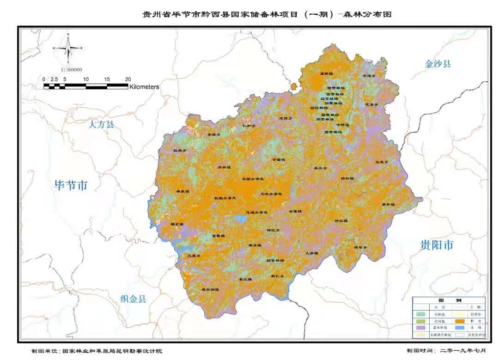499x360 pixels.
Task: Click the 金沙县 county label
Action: point(437,64)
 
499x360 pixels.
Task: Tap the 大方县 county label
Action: point(102,124)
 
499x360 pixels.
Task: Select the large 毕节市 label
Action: point(71,185)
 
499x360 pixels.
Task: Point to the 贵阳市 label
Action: point(437,245)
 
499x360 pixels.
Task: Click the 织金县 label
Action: point(133,299)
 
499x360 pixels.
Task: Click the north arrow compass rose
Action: point(68,48)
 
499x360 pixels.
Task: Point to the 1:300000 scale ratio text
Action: point(71,70)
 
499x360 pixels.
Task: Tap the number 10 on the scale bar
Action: point(86,79)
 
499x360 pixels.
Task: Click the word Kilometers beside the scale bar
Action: point(144,86)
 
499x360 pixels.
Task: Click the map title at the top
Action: point(267,14)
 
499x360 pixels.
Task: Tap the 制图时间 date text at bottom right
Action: point(446,351)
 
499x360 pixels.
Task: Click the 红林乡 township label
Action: point(180,151)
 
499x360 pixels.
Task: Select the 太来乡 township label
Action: point(382,162)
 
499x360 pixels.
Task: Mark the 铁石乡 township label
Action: point(360,247)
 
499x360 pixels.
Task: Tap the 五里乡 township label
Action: point(194,256)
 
